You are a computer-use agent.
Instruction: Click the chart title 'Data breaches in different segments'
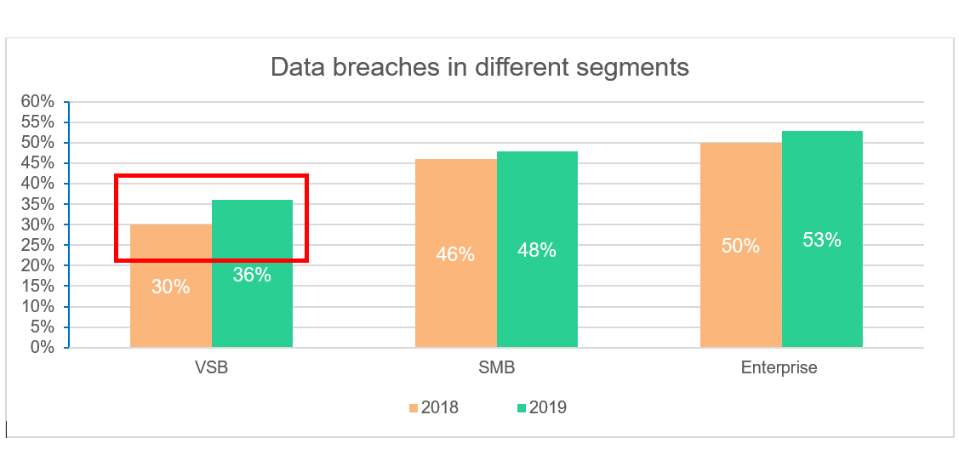click(x=479, y=67)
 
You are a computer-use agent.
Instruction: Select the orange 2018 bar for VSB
click(x=170, y=315)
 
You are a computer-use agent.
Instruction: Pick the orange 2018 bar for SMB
click(x=455, y=289)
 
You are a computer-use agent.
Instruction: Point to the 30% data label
click(x=171, y=287)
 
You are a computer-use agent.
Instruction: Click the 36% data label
click(x=252, y=275)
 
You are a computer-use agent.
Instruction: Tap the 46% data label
click(x=455, y=253)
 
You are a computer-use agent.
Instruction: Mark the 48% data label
click(x=537, y=250)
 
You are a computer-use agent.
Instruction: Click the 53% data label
click(x=822, y=240)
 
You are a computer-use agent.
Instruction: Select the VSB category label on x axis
click(x=211, y=368)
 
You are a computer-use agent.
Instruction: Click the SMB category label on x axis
click(x=496, y=368)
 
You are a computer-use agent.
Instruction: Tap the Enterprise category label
click(x=779, y=368)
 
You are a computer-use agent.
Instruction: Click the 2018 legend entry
click(x=432, y=407)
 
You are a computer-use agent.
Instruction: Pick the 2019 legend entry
click(x=540, y=407)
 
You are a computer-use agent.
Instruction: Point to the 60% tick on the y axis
click(x=37, y=102)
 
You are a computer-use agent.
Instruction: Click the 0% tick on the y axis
click(x=43, y=347)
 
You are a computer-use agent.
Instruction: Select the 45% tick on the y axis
click(x=37, y=163)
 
